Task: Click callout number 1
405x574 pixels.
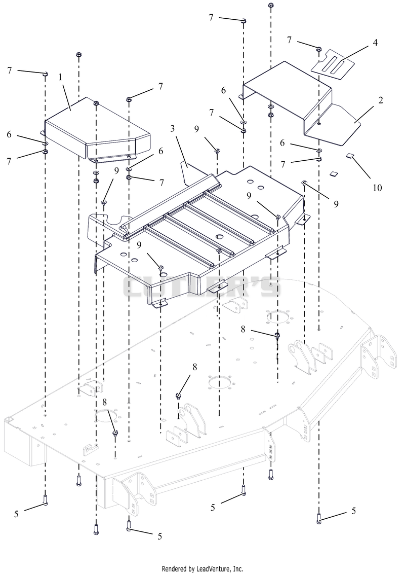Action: pos(60,77)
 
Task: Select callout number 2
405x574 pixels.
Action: pos(381,99)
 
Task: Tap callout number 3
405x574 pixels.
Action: pos(172,128)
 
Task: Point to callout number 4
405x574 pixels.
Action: pos(375,43)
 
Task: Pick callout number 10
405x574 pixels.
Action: pos(377,188)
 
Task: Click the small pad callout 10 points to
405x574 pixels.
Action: pos(350,156)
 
